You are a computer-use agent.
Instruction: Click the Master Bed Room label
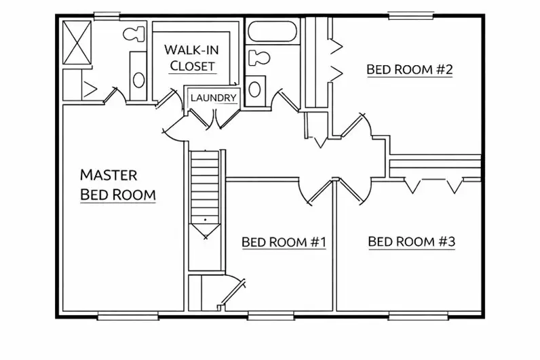118,185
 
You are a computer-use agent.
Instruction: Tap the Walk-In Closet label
192,58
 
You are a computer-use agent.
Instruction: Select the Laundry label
214,98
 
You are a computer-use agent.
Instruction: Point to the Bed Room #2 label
410,70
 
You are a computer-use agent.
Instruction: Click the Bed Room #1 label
284,242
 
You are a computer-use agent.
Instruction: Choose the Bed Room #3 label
412,241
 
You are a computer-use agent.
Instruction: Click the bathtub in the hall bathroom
272,32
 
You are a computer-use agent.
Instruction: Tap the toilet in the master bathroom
134,34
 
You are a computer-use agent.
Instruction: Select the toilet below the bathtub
259,58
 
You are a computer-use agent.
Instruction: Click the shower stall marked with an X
77,42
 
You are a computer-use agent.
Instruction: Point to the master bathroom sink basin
138,80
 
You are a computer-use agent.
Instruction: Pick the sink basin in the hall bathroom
254,89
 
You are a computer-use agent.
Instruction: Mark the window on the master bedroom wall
128,316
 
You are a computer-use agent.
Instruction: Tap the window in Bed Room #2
410,16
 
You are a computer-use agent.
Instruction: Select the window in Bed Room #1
271,316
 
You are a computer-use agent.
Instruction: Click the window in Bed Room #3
418,316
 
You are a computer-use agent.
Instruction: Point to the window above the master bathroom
107,16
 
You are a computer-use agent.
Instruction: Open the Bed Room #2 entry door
357,126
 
